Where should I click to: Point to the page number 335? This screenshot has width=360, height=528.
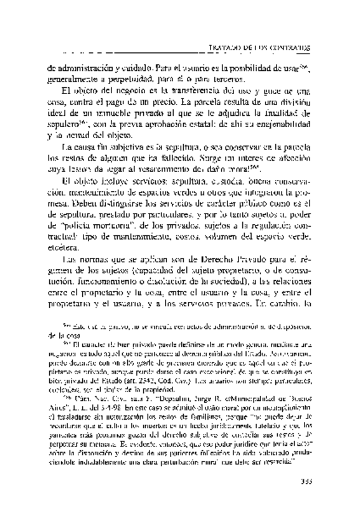[304, 480]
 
